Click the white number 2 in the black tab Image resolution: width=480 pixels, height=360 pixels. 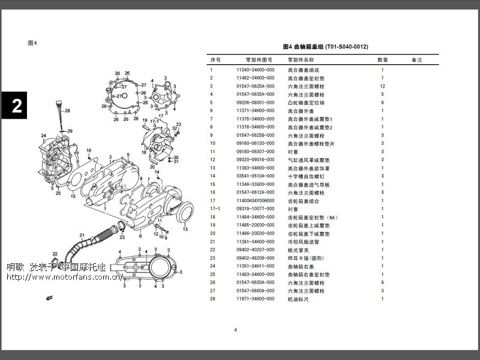(17, 106)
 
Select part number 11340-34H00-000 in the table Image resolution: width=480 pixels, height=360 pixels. (256, 70)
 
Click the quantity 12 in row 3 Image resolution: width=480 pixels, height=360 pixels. (382, 86)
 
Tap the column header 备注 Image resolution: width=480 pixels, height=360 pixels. (416, 60)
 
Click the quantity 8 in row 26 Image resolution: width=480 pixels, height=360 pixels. (382, 282)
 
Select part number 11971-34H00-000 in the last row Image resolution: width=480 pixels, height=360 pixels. (256, 298)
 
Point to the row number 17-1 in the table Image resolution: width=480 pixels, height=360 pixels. (214, 209)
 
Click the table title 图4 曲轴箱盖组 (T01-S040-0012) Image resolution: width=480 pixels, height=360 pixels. (325, 46)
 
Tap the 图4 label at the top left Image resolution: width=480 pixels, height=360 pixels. (33, 43)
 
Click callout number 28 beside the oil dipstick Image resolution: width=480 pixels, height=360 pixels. (67, 111)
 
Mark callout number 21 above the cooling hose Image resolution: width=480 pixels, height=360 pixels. (82, 235)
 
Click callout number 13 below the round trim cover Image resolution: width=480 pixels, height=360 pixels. (184, 229)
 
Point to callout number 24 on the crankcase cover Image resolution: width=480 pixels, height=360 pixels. (43, 136)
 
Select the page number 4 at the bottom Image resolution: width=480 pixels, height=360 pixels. (236, 329)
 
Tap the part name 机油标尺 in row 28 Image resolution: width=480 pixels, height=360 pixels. (298, 298)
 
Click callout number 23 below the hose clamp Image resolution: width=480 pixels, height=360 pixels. (122, 237)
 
